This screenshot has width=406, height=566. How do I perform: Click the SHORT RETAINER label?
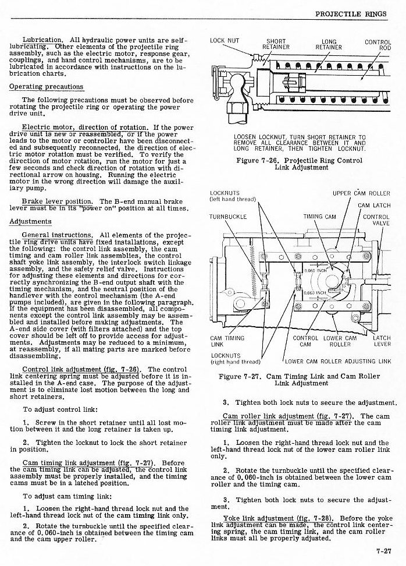275,44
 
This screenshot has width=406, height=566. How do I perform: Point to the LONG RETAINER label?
329,44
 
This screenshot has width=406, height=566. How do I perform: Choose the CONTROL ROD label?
377,44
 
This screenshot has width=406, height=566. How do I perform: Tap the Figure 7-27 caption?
299,380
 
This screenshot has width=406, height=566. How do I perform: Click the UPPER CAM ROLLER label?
361,193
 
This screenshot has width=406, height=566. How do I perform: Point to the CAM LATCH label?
373,205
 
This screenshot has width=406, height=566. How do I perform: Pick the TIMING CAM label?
319,217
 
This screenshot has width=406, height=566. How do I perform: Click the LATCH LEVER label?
382,341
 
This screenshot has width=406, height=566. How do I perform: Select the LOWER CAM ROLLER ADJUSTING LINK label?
338,361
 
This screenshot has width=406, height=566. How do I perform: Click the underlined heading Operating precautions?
46,87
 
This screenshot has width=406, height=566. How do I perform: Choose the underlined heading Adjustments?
30,221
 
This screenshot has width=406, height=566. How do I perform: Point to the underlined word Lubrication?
42,40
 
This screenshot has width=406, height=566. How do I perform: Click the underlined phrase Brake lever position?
58,201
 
